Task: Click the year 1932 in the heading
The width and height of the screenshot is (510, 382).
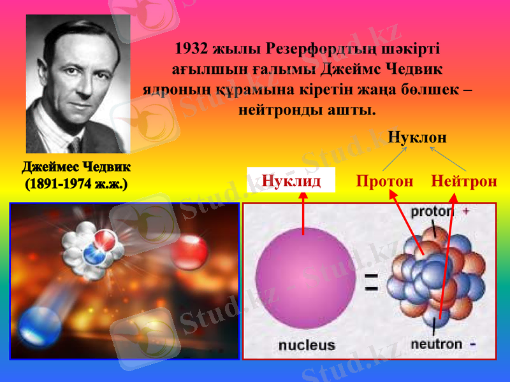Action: (193, 48)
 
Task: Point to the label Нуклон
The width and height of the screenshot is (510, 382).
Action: (418, 137)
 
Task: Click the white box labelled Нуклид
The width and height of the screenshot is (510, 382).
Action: (291, 181)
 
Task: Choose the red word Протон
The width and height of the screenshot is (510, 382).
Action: (384, 181)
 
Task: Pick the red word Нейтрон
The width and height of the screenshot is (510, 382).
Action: (464, 181)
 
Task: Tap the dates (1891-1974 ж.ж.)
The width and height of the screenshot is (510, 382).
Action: (76, 185)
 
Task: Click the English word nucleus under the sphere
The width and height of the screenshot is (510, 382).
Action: (306, 345)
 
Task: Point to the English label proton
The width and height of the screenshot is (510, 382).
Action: (432, 211)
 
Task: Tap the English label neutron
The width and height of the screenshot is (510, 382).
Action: (436, 344)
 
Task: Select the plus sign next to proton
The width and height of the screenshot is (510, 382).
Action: (466, 211)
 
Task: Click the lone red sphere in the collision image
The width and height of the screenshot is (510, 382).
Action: (189, 252)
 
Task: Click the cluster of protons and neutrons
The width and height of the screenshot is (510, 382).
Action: (436, 274)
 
